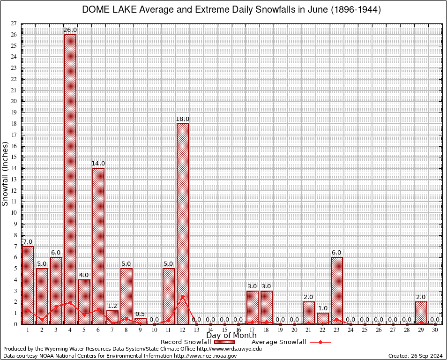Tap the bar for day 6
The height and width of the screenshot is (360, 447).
pos(98,246)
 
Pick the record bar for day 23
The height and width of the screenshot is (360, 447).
pos(337,290)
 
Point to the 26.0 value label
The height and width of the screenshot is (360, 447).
pos(70,30)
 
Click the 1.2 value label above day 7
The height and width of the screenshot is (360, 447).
pos(112,306)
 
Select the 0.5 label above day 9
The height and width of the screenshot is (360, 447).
pos(140,314)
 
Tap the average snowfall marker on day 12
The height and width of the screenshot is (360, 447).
pos(183,296)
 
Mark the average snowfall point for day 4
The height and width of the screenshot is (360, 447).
pos(70,302)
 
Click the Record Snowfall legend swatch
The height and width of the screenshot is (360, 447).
pos(222,342)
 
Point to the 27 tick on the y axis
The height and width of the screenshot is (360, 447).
pos(14,23)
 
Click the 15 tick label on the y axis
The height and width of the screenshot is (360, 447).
pos(14,157)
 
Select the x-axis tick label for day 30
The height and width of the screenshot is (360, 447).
pos(435,330)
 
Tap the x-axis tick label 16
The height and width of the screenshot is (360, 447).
pos(238,330)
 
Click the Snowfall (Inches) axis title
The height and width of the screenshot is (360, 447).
pos(5,174)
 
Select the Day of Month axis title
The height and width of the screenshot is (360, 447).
pos(231,336)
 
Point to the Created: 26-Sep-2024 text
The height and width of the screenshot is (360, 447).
pos(416,356)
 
